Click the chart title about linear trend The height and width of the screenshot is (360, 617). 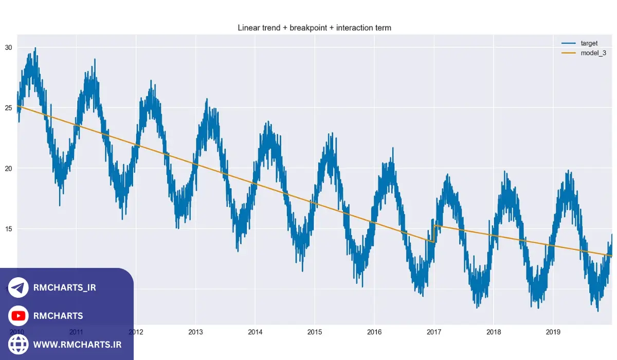(x=314, y=28)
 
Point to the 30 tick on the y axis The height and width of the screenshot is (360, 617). (x=9, y=47)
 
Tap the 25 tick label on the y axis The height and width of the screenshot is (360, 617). (x=9, y=108)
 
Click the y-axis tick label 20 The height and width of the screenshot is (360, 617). (x=9, y=168)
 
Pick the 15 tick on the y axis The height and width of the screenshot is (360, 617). (x=9, y=228)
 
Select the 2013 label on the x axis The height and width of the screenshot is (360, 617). (x=195, y=332)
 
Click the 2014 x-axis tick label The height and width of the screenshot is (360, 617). (x=255, y=332)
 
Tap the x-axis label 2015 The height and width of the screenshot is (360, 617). (x=315, y=332)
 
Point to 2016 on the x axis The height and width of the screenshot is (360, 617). (x=374, y=332)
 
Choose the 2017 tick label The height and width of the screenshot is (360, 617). (x=434, y=332)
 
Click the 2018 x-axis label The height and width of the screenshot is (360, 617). (x=494, y=332)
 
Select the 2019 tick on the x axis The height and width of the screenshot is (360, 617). (x=553, y=332)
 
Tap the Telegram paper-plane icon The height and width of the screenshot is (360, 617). (x=19, y=288)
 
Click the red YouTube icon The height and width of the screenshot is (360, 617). (x=19, y=316)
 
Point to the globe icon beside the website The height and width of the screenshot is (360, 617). (x=19, y=344)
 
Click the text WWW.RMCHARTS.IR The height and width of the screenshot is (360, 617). (x=77, y=344)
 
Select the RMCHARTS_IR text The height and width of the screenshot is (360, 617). (x=64, y=288)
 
